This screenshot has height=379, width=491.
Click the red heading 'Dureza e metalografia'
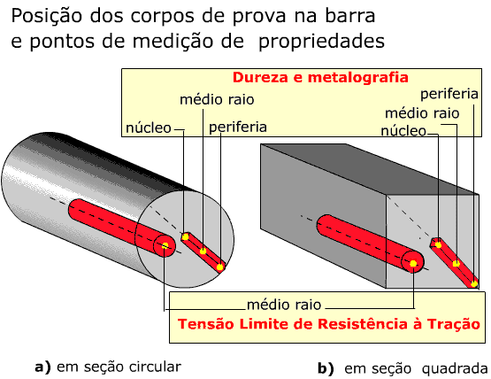[x=320, y=77]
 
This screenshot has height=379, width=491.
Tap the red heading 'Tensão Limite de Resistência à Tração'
[x=329, y=323]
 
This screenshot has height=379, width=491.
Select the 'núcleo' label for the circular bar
[x=149, y=128]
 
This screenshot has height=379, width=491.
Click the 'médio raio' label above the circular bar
[x=217, y=100]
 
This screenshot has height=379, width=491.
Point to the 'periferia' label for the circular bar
[x=238, y=128]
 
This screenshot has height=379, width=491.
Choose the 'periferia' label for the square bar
[x=449, y=94]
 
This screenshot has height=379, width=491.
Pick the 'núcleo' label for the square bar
[x=403, y=131]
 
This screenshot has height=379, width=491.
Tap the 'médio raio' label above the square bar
[x=422, y=113]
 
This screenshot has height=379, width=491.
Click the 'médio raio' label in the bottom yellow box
[x=284, y=305]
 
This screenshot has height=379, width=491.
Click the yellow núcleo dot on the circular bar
[x=186, y=236]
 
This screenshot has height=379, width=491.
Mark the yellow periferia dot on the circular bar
[x=220, y=267]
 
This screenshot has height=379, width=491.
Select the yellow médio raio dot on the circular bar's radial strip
[x=203, y=251]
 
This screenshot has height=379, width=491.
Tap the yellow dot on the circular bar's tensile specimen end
[x=165, y=245]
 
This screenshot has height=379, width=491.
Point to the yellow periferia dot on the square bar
[x=474, y=284]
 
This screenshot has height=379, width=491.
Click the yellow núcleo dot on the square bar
[x=439, y=244]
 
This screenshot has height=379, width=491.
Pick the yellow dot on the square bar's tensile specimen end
[x=413, y=263]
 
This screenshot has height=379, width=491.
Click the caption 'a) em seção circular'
[x=108, y=367]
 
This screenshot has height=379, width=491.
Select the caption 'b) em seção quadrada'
[x=403, y=368]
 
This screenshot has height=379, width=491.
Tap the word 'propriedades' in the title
[x=322, y=42]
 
